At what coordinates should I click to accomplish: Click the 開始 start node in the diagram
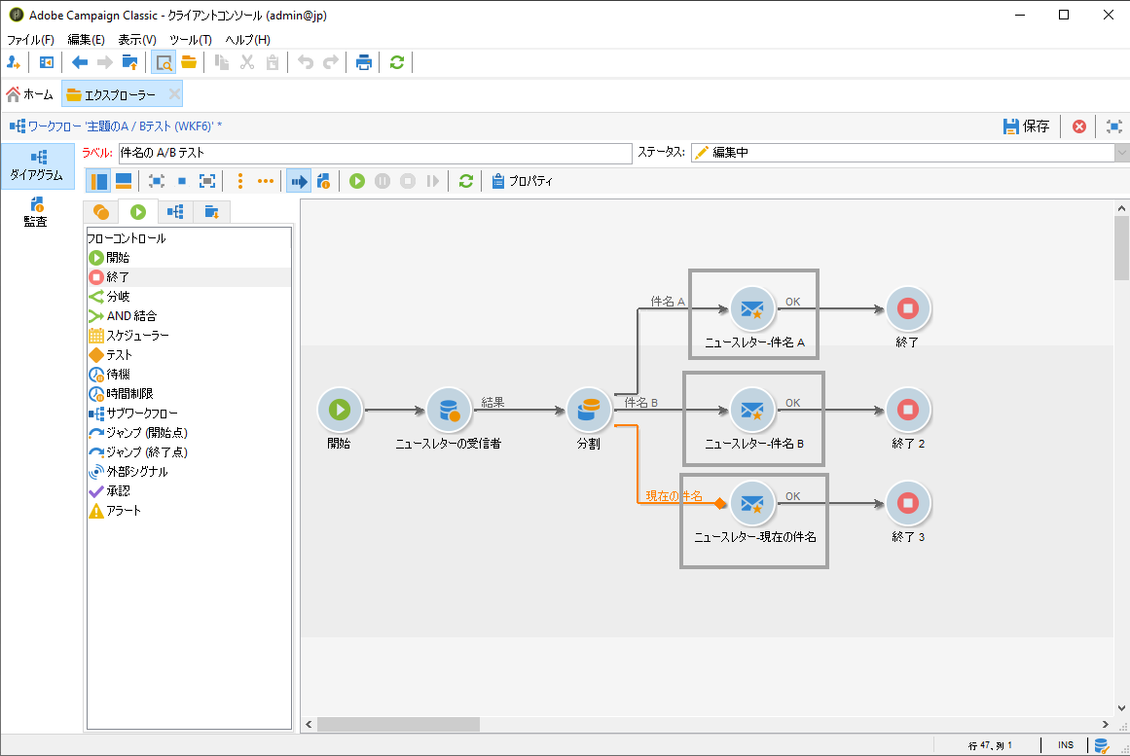pyautogui.click(x=340, y=411)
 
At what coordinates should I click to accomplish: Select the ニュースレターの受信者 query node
pyautogui.click(x=448, y=411)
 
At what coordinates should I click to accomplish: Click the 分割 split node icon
pyautogui.click(x=588, y=411)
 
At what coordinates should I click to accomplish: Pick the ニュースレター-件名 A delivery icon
pyautogui.click(x=752, y=309)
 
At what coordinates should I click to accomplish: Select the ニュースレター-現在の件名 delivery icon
pyautogui.click(x=752, y=503)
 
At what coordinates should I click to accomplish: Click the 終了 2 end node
pyautogui.click(x=908, y=411)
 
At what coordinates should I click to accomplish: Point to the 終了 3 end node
pyautogui.click(x=908, y=503)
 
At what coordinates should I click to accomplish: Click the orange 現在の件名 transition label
pyautogui.click(x=674, y=496)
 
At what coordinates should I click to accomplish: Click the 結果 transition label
pyautogui.click(x=492, y=402)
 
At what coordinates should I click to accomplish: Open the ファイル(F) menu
pyautogui.click(x=30, y=40)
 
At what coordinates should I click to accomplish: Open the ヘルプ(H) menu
pyautogui.click(x=247, y=40)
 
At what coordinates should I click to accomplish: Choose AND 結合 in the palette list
pyautogui.click(x=130, y=316)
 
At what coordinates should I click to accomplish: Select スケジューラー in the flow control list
pyautogui.click(x=137, y=336)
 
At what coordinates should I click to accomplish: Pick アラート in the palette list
pyautogui.click(x=124, y=511)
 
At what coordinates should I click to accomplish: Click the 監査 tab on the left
pyautogui.click(x=35, y=211)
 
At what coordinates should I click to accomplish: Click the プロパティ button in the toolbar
pyautogui.click(x=523, y=181)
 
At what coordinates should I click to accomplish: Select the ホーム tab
pyautogui.click(x=30, y=94)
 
